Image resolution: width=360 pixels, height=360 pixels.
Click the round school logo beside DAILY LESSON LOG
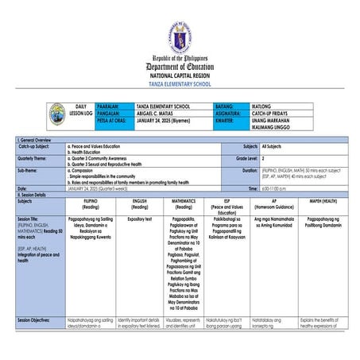coord(57,114)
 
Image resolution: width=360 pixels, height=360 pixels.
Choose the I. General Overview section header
coord(35,141)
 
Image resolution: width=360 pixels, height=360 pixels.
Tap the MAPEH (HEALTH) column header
coord(323,202)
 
